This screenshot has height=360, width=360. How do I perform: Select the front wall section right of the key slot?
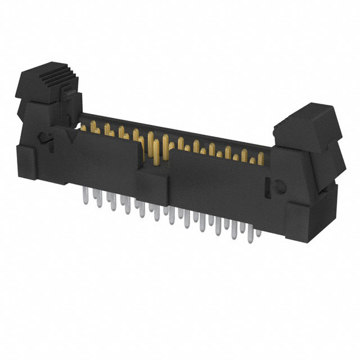[219, 180]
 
